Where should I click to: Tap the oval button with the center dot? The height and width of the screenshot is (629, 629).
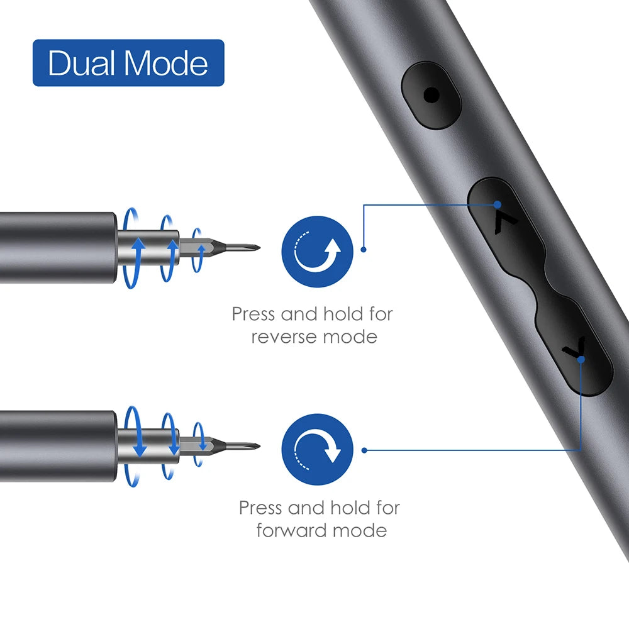click(431, 96)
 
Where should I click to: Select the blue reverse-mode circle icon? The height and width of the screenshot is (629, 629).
click(317, 252)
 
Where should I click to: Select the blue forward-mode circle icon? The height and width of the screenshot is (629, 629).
click(317, 449)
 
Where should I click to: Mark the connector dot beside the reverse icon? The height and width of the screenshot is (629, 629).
click(364, 249)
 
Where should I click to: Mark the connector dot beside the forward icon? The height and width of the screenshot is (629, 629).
click(365, 450)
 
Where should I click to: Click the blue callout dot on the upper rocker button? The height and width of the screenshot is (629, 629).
click(498, 204)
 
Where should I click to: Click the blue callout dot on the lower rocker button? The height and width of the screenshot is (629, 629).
click(582, 360)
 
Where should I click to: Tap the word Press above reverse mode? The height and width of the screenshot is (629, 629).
click(253, 313)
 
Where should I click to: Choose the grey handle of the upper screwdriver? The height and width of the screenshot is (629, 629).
click(57, 247)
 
